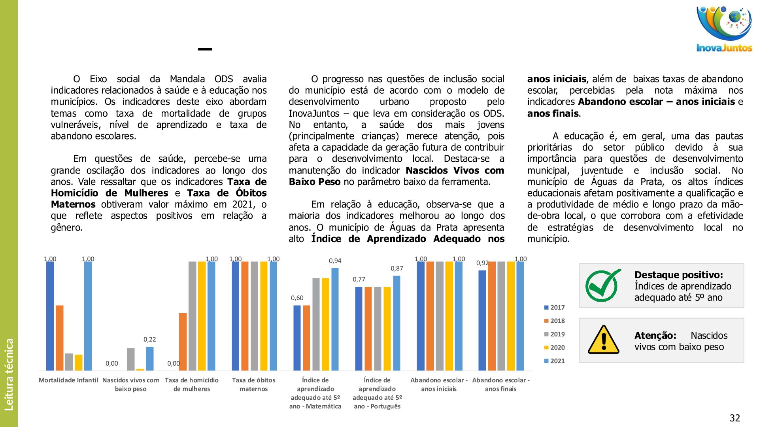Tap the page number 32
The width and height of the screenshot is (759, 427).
734,418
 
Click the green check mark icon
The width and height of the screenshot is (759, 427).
602,285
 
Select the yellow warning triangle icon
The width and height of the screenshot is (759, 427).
603,340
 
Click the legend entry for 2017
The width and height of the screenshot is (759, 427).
554,308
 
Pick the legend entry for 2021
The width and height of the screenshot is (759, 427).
554,361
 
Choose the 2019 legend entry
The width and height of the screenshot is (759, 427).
554,334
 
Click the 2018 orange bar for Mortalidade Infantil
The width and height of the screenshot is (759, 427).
60,338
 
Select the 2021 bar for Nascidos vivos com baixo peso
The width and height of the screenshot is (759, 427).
150,359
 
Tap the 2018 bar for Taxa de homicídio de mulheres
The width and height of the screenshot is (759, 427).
183,342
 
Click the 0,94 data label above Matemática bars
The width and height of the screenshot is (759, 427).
335,261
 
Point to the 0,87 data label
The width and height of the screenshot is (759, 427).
397,268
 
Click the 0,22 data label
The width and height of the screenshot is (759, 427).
150,339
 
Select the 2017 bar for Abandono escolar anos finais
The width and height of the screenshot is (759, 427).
482,320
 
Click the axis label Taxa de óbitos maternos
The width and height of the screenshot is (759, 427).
254,384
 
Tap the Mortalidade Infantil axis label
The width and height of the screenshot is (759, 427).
68,380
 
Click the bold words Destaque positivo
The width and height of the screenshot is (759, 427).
678,275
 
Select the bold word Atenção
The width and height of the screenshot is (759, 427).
655,336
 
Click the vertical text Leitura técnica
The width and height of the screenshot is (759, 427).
9,374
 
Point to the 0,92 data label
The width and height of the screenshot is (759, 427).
482,263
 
